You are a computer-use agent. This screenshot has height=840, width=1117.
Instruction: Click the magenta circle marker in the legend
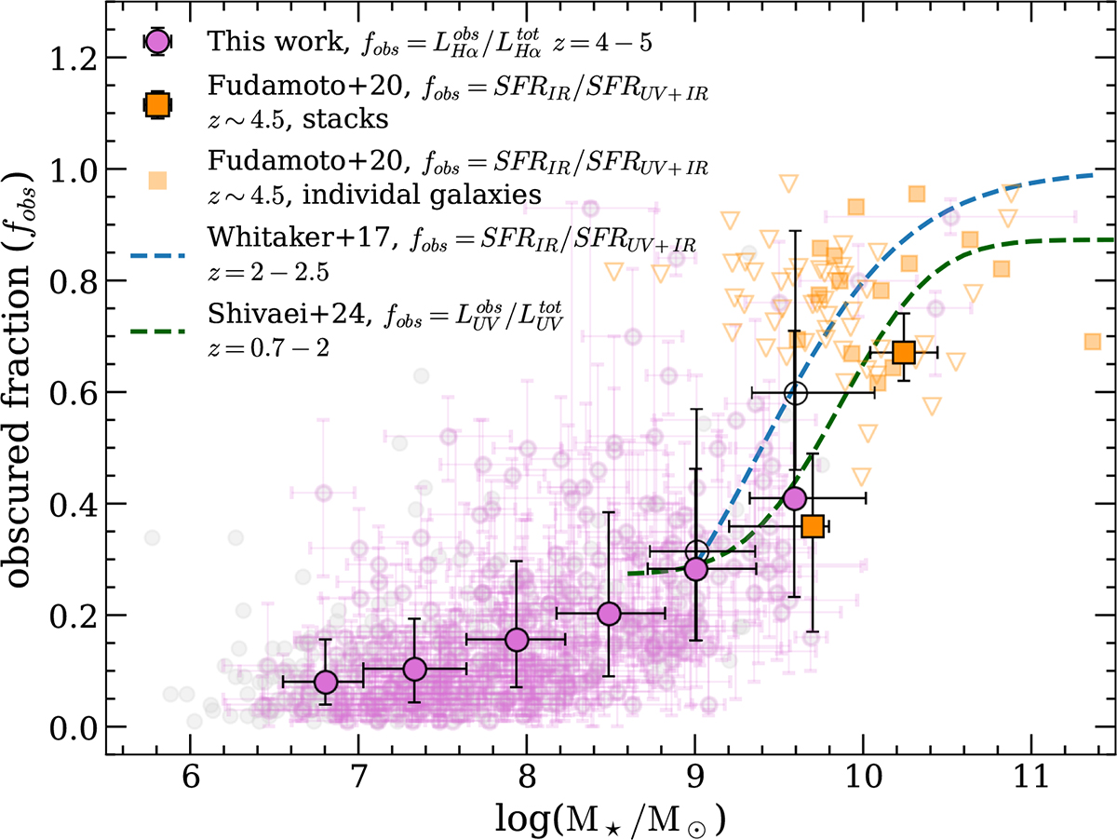[156, 42]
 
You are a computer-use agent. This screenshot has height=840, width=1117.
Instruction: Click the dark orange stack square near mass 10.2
[903, 352]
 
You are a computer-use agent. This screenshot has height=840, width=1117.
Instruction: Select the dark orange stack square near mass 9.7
[813, 526]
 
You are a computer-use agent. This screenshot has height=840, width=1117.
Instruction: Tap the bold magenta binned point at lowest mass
[325, 683]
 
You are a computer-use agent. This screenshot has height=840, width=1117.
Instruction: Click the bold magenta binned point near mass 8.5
[610, 614]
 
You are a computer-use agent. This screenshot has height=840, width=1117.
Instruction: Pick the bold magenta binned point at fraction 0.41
[794, 498]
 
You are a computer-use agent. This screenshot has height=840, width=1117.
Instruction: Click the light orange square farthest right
[1093, 342]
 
